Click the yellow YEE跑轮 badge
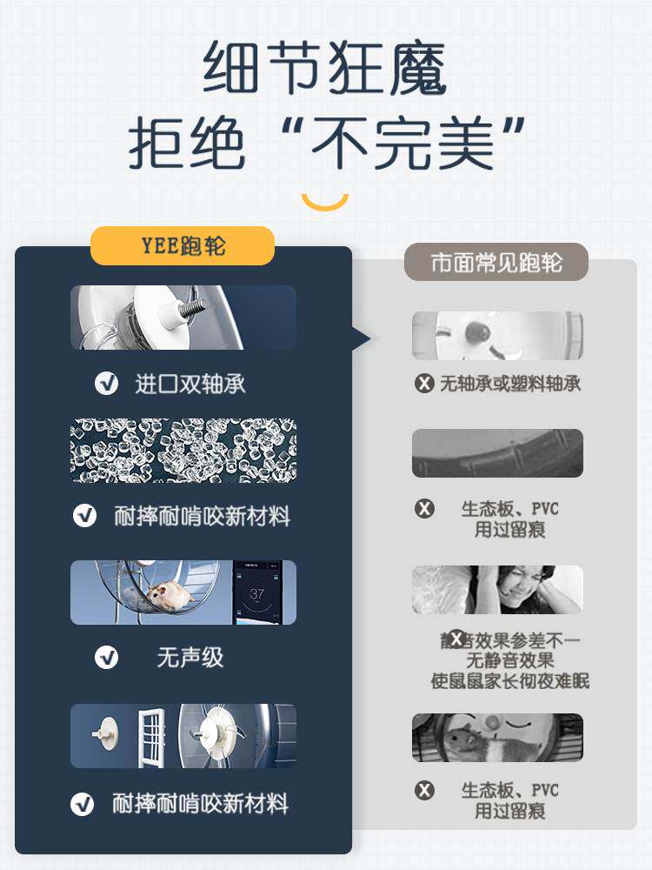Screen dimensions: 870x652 [183, 246]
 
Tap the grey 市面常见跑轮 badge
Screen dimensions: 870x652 [496, 262]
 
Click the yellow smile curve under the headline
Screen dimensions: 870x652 [325, 203]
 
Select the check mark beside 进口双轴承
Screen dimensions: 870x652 [107, 383]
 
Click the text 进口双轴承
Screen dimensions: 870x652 [190, 384]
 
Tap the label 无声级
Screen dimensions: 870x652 [190, 657]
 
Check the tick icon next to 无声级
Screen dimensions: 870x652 [107, 657]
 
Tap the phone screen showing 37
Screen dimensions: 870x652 [257, 593]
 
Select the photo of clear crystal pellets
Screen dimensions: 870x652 [183, 451]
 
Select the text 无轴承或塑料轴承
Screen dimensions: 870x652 [510, 384]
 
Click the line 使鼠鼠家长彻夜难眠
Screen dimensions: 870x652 [510, 680]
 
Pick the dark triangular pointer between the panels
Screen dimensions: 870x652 [361, 338]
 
